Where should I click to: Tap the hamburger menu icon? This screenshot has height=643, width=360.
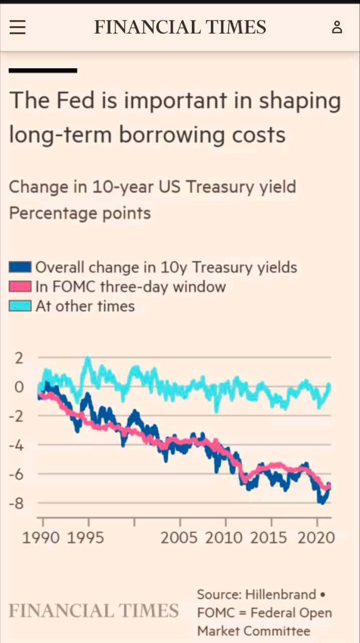click(17, 27)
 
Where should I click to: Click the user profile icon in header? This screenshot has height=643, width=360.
click(337, 27)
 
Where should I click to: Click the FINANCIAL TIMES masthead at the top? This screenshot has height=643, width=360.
click(180, 27)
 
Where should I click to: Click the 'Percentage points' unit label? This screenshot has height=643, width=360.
click(80, 213)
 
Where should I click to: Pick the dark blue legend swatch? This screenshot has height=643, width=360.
click(20, 267)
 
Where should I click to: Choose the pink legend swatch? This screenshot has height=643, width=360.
click(20, 287)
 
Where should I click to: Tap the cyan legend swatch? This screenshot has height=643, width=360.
click(20, 306)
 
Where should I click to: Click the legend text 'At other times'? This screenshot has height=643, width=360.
click(85, 306)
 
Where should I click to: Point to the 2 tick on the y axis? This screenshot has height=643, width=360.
click(19, 358)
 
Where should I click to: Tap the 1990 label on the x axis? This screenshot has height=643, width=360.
click(41, 538)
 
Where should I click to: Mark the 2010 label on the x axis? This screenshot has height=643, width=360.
click(223, 538)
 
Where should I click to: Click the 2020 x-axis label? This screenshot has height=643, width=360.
click(316, 538)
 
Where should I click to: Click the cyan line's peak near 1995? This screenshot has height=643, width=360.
click(88, 358)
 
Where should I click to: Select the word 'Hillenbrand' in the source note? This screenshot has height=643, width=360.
click(281, 595)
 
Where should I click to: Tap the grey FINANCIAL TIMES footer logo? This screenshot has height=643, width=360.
click(94, 611)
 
